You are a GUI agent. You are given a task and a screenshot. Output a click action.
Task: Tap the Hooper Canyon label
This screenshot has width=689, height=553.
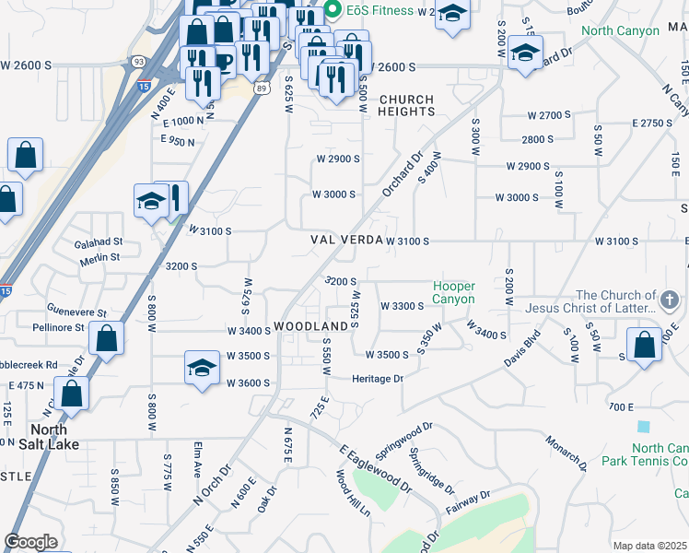coord(454,293)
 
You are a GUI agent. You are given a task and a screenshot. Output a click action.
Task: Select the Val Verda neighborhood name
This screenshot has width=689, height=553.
coord(344,240)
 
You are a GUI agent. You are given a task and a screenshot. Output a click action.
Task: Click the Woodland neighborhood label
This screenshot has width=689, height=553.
coord(309,327)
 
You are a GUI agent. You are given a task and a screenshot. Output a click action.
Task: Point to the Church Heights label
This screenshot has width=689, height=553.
coord(406,105)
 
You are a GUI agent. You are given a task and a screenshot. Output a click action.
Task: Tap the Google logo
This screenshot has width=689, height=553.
coord(30,542)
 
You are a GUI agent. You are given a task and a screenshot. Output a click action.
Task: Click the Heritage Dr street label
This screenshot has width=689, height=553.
coord(378,379)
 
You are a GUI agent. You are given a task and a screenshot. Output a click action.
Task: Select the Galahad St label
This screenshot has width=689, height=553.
coord(99,241)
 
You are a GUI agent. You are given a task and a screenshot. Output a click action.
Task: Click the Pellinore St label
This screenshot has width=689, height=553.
coord(58,327)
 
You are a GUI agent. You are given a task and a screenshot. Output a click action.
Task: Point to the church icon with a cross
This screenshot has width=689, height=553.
coord(670,300)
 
